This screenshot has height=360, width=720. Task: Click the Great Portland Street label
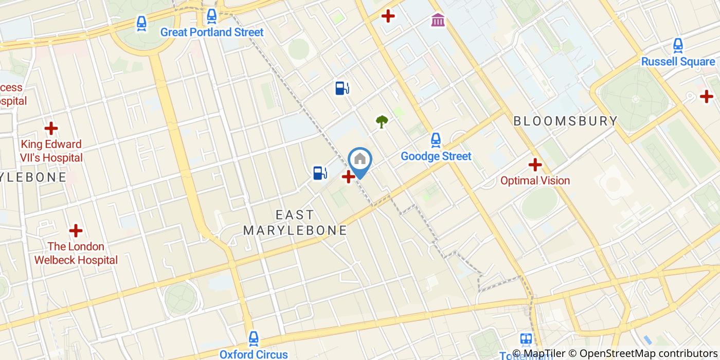(212, 32)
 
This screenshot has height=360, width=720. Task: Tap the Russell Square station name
(678, 62)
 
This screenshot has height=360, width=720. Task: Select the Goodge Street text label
(436, 156)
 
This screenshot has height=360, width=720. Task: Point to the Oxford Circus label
(254, 354)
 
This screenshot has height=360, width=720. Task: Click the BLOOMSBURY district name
(566, 121)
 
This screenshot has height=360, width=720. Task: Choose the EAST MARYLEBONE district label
(295, 222)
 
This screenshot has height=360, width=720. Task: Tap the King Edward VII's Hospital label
(51, 151)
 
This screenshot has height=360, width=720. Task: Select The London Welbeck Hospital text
(76, 253)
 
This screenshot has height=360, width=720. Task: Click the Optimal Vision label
(535, 181)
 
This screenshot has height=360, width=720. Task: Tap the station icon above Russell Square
(678, 46)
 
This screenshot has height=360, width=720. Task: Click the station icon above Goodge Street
(436, 140)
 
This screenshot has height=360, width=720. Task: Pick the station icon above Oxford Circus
(254, 338)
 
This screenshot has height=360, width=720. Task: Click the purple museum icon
(438, 20)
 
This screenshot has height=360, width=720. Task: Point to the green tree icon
(382, 122)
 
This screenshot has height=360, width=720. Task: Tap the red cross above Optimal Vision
(535, 165)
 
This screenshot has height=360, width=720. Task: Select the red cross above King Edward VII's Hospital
(51, 128)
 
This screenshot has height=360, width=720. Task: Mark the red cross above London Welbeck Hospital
(76, 230)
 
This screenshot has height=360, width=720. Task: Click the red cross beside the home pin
(348, 177)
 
